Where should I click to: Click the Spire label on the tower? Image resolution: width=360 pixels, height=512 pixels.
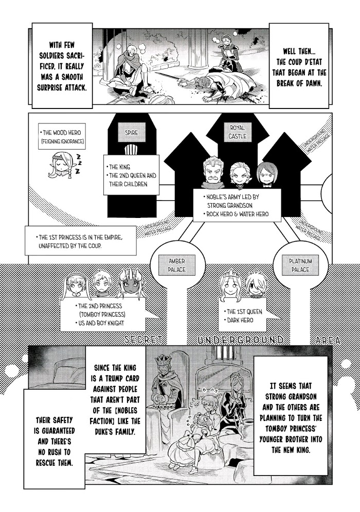(131, 133)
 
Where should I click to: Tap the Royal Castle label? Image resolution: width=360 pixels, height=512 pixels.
(238, 132)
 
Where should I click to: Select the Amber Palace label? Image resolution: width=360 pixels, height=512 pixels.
(177, 265)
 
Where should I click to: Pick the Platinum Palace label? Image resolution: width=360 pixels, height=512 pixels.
(300, 265)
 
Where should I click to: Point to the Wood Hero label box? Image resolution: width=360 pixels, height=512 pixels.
(62, 137)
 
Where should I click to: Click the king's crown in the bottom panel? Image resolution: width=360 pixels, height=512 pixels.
(163, 360)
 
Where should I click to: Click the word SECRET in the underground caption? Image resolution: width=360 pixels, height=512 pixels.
(143, 340)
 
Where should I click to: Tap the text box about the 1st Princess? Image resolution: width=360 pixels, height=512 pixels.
(81, 241)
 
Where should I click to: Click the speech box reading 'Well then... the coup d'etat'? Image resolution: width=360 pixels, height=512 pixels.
(299, 66)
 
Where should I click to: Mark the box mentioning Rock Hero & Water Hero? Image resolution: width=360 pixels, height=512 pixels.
(237, 205)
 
